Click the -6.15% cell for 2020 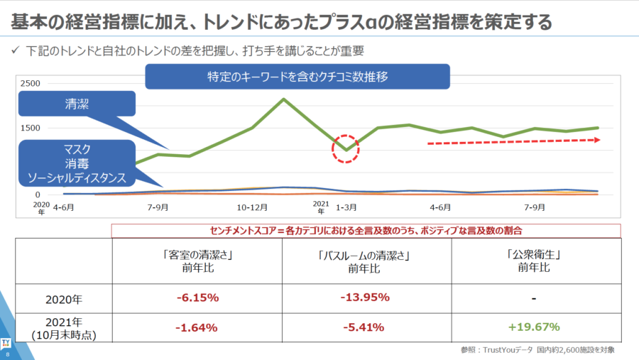click(197, 298)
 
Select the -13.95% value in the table click(366, 298)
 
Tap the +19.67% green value click(533, 327)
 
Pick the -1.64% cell click(197, 327)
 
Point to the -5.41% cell click(366, 327)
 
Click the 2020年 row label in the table click(64, 298)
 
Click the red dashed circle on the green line click(346, 148)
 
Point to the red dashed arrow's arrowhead click(598, 140)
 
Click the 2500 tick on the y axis click(31, 84)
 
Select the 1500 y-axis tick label click(31, 128)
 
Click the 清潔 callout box click(77, 103)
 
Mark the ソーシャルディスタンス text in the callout click(76, 178)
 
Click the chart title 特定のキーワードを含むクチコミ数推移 click(297, 77)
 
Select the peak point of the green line click(284, 99)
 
